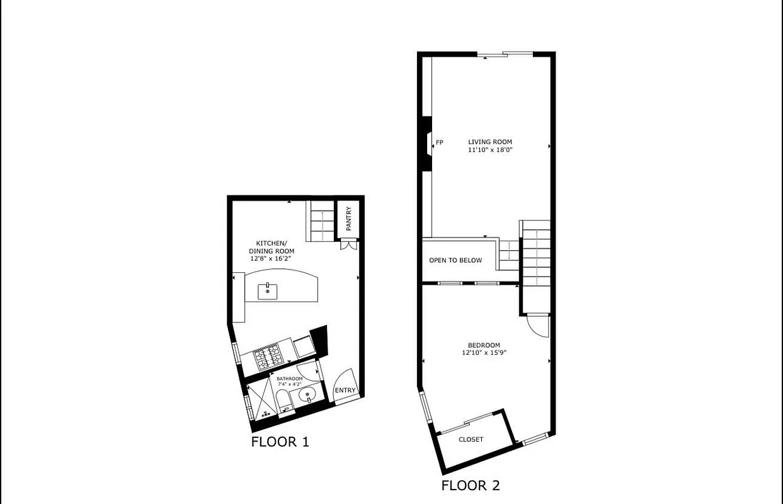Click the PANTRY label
(x=348, y=219)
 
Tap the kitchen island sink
(x=268, y=291)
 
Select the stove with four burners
(x=269, y=358)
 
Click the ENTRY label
(x=345, y=391)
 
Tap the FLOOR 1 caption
(x=280, y=442)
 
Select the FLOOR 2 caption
(x=471, y=486)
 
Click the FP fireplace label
(x=440, y=143)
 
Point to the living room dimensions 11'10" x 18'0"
(x=490, y=150)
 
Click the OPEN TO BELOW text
(x=455, y=261)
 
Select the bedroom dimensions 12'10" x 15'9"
(x=484, y=353)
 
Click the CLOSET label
(x=471, y=440)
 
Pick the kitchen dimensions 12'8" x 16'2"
(x=271, y=258)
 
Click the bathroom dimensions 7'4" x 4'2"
(x=290, y=384)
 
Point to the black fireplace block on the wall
(x=426, y=143)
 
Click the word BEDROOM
(x=484, y=345)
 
